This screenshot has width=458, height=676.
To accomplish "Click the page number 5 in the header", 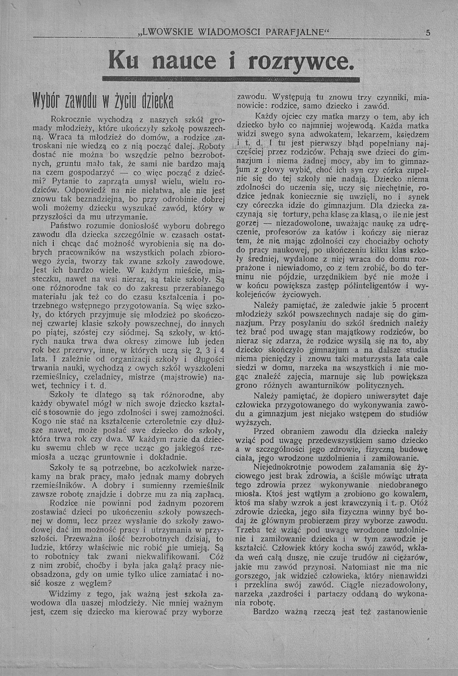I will coord(427,33).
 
